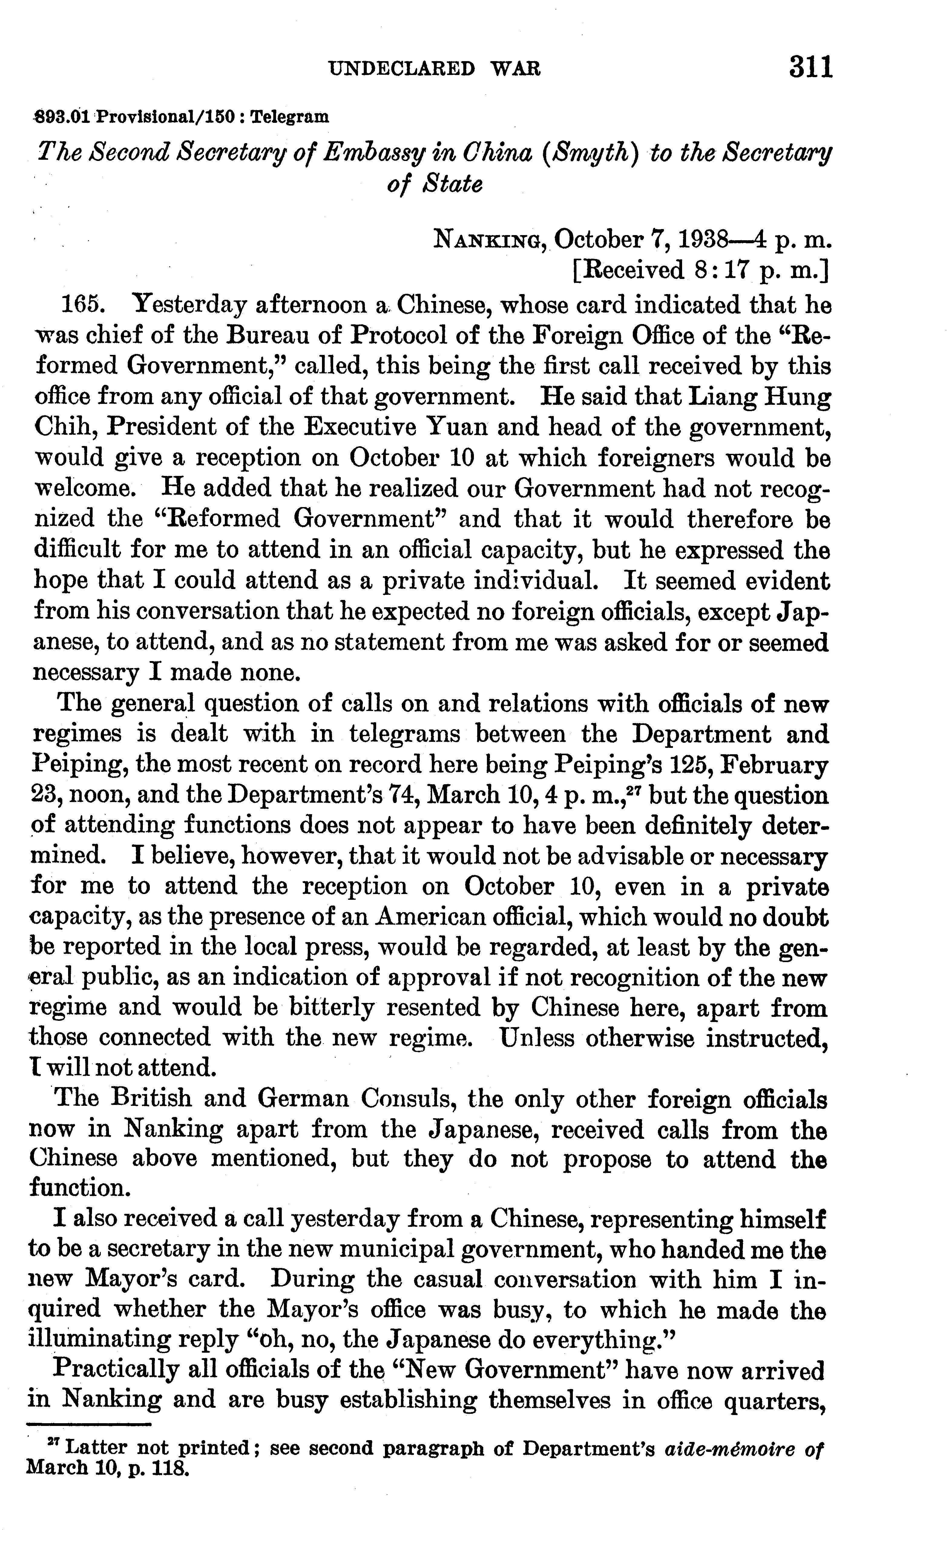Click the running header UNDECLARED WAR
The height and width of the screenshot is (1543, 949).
pos(434,68)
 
